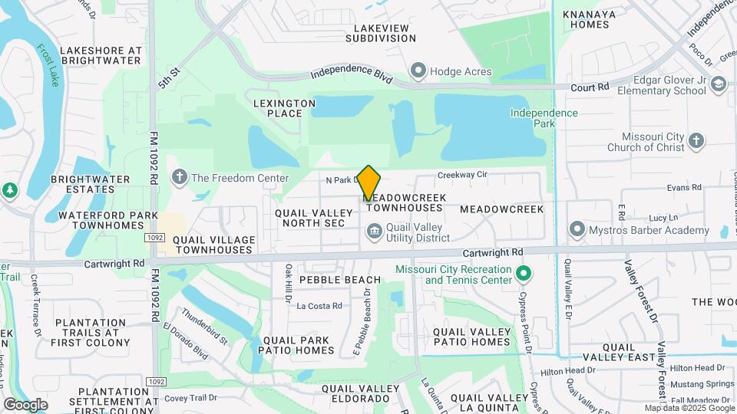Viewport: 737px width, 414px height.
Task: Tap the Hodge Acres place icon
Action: [x=418, y=72]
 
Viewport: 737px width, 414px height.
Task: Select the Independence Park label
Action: [x=544, y=118]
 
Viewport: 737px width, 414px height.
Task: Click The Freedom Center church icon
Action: [x=180, y=178]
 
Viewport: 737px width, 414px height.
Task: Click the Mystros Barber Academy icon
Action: [x=577, y=230]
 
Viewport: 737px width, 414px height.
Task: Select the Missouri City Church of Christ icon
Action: [x=696, y=141]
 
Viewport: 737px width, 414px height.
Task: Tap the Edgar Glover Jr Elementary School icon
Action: [x=719, y=84]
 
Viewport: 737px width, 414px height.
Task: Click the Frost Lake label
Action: [x=48, y=65]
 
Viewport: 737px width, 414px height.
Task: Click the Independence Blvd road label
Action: [x=352, y=77]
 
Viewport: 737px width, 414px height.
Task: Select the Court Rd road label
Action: [x=590, y=87]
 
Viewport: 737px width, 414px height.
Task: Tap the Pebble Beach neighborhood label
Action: [x=340, y=280]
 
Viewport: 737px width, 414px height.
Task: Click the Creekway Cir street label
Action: [x=462, y=175]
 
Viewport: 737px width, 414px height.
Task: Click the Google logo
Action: [x=26, y=404]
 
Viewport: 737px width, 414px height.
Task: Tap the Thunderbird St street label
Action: [x=205, y=327]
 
